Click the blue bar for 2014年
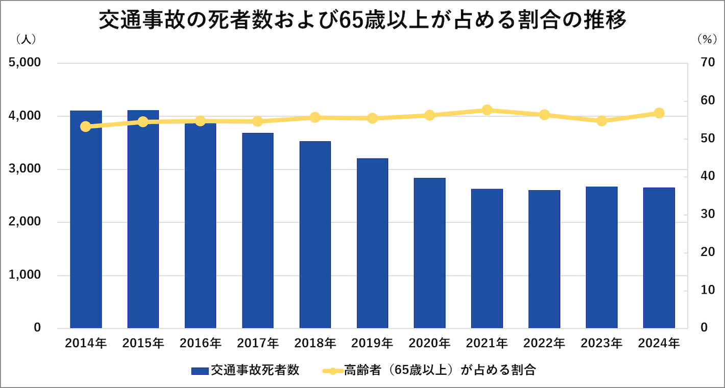tap(86, 219)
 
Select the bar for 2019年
tap(372, 243)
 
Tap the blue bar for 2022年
tap(544, 259)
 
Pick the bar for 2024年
tap(659, 257)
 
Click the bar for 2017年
tap(258, 230)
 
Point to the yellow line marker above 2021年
tap(487, 110)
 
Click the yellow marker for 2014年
tap(86, 126)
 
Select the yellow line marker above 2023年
tap(601, 121)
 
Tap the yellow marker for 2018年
tap(315, 118)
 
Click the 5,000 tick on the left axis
tap(25, 63)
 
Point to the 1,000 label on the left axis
tap(25, 275)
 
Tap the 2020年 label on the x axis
tap(429, 343)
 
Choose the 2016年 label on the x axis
tap(201, 343)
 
